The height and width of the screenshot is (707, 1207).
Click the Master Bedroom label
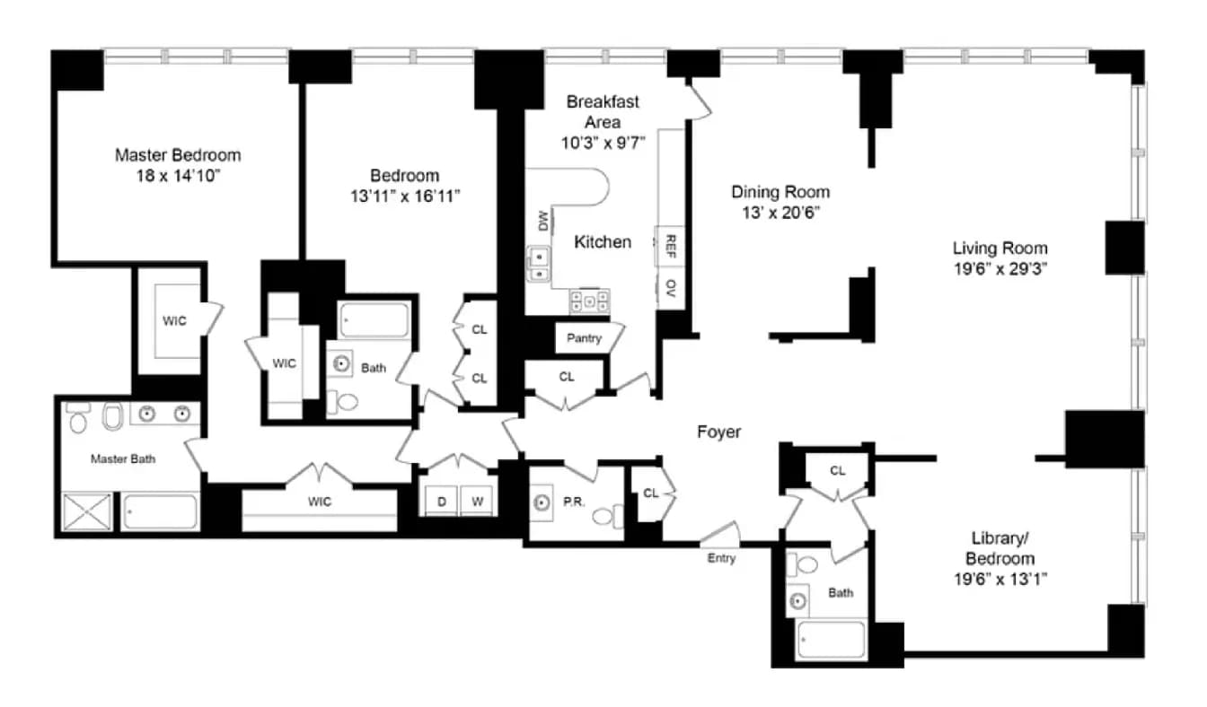pyautogui.click(x=178, y=155)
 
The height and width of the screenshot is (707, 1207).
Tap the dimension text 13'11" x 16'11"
pyautogui.click(x=405, y=196)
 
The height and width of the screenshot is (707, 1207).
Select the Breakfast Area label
pyautogui.click(x=603, y=112)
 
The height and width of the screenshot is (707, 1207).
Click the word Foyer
pyautogui.click(x=719, y=432)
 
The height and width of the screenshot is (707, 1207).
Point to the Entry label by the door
pyautogui.click(x=721, y=558)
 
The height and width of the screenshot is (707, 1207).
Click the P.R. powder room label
pyautogui.click(x=574, y=502)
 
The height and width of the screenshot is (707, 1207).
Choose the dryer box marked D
pyautogui.click(x=442, y=502)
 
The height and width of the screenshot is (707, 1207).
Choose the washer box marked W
pyautogui.click(x=478, y=502)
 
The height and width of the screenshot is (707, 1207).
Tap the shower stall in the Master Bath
pyautogui.click(x=88, y=512)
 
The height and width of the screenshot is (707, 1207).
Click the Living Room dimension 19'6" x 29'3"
pyautogui.click(x=1000, y=268)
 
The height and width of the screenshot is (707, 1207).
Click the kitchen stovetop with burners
pyautogui.click(x=589, y=300)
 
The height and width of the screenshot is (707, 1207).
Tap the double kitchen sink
pyautogui.click(x=539, y=265)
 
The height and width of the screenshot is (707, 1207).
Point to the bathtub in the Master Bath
pyautogui.click(x=160, y=512)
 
